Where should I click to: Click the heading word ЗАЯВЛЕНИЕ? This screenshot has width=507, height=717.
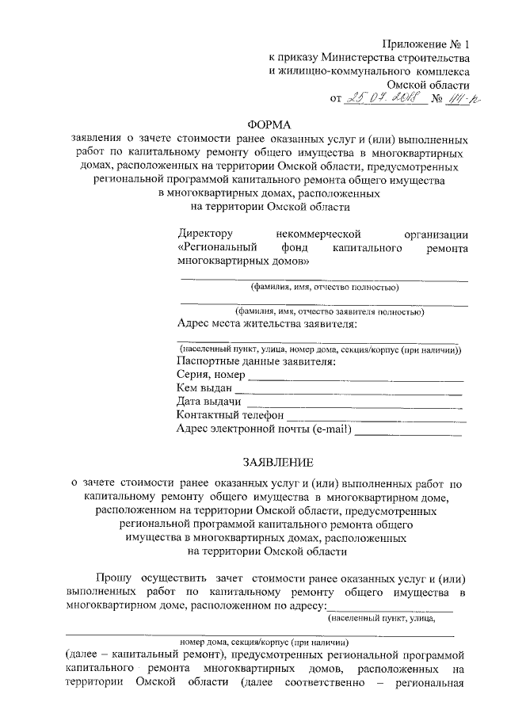click(269, 462)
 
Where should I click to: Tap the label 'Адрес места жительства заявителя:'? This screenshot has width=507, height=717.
click(267, 324)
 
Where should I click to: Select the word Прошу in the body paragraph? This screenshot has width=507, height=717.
click(112, 578)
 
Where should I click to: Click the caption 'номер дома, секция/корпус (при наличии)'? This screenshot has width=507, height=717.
click(264, 642)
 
